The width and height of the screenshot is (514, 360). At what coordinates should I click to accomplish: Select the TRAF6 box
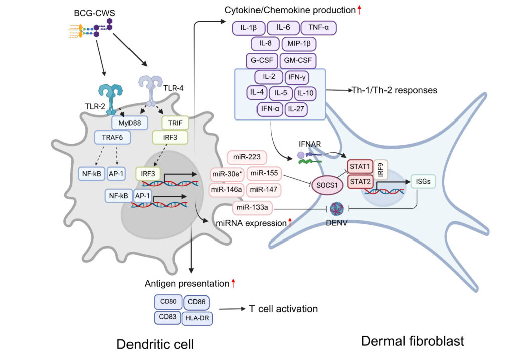point(113,137)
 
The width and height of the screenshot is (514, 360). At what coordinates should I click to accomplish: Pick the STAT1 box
point(360,165)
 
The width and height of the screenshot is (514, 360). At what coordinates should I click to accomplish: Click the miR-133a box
point(250,207)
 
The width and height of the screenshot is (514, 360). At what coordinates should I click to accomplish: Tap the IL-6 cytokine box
point(283,29)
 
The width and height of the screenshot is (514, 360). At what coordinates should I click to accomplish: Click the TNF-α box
point(318,29)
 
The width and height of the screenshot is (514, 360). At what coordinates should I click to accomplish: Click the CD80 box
point(168,302)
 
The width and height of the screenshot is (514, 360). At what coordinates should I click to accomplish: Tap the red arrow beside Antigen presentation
point(233,284)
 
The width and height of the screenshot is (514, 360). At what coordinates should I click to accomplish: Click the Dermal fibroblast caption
point(413,341)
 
